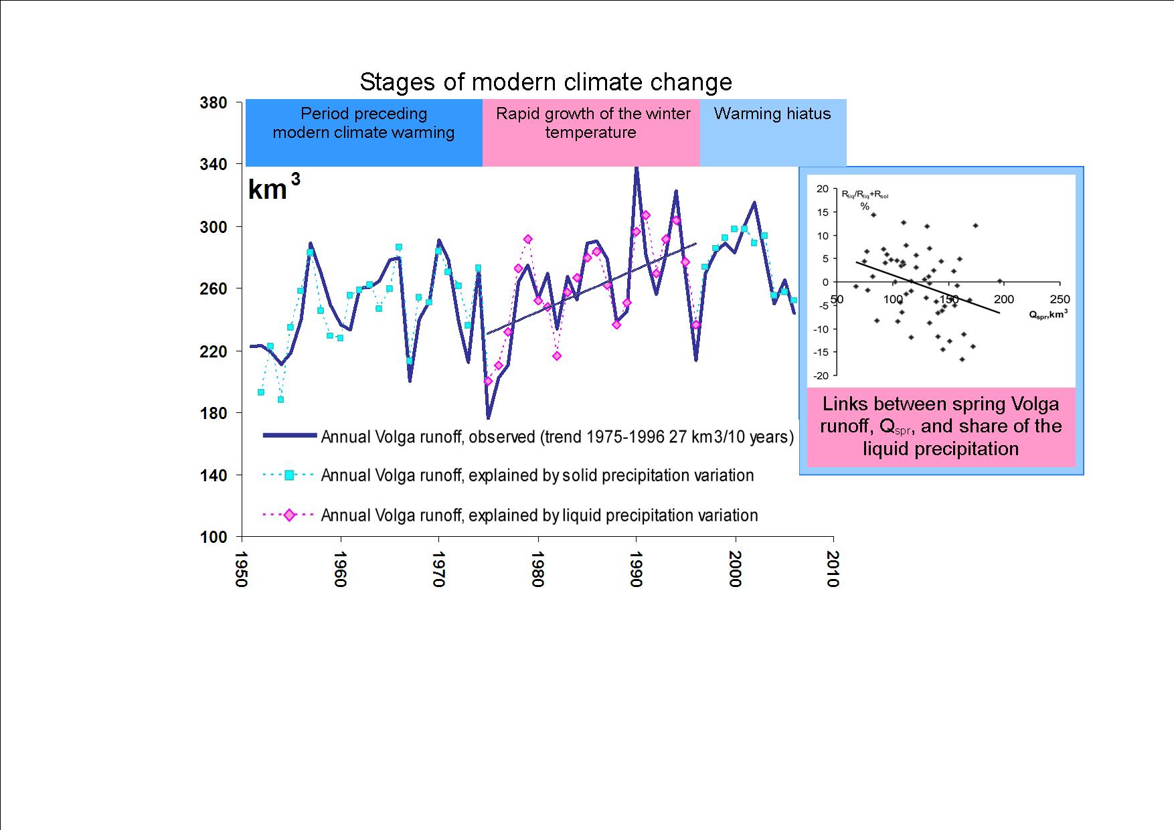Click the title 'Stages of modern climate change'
click(546, 82)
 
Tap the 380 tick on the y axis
click(214, 103)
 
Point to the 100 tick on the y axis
click(214, 537)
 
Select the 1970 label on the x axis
click(438, 569)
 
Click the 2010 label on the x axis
click(833, 569)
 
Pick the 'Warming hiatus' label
click(772, 114)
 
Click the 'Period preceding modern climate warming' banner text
click(363, 123)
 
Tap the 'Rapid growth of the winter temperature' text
click(592, 123)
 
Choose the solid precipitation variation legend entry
click(537, 475)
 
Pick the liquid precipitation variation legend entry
click(539, 515)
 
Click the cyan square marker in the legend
click(290, 475)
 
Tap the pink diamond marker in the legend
click(290, 515)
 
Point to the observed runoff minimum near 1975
click(489, 418)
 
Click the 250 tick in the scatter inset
click(1060, 299)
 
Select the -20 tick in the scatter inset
click(821, 376)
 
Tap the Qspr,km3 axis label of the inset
click(1048, 313)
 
